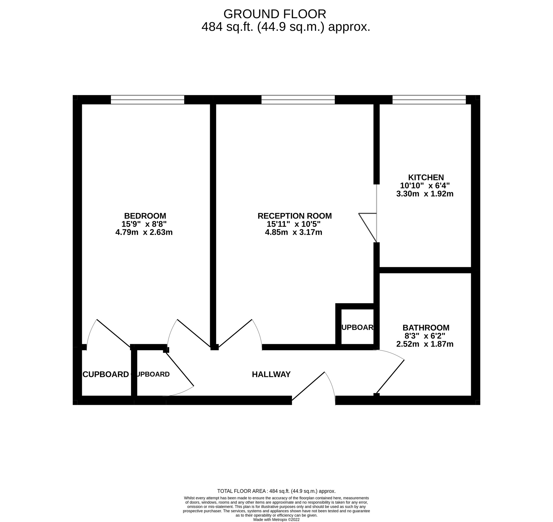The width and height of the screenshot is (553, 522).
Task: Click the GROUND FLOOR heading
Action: (x=275, y=14)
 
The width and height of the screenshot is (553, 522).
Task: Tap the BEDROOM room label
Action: (x=145, y=216)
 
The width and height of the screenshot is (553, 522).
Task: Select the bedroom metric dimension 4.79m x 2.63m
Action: (x=144, y=232)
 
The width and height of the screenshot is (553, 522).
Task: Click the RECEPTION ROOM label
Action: (x=294, y=216)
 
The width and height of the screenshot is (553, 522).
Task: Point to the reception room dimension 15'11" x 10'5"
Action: (x=293, y=224)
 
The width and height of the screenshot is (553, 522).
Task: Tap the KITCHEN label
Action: (x=426, y=178)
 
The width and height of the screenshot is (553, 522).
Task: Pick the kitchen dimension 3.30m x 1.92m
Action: (x=425, y=194)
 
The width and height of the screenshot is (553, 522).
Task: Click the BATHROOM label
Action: (x=426, y=328)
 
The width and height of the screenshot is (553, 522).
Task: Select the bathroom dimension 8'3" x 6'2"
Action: (x=425, y=336)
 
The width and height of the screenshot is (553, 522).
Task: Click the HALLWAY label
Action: (x=271, y=374)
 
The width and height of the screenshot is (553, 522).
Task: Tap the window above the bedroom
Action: (x=147, y=100)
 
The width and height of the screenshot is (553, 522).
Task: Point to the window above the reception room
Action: (x=298, y=100)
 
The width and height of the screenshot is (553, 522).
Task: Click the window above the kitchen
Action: (x=429, y=100)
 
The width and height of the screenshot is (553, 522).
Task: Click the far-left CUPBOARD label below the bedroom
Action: (x=106, y=375)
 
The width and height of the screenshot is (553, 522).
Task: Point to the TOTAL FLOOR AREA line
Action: (x=276, y=491)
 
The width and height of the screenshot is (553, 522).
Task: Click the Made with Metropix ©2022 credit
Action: (x=276, y=520)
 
